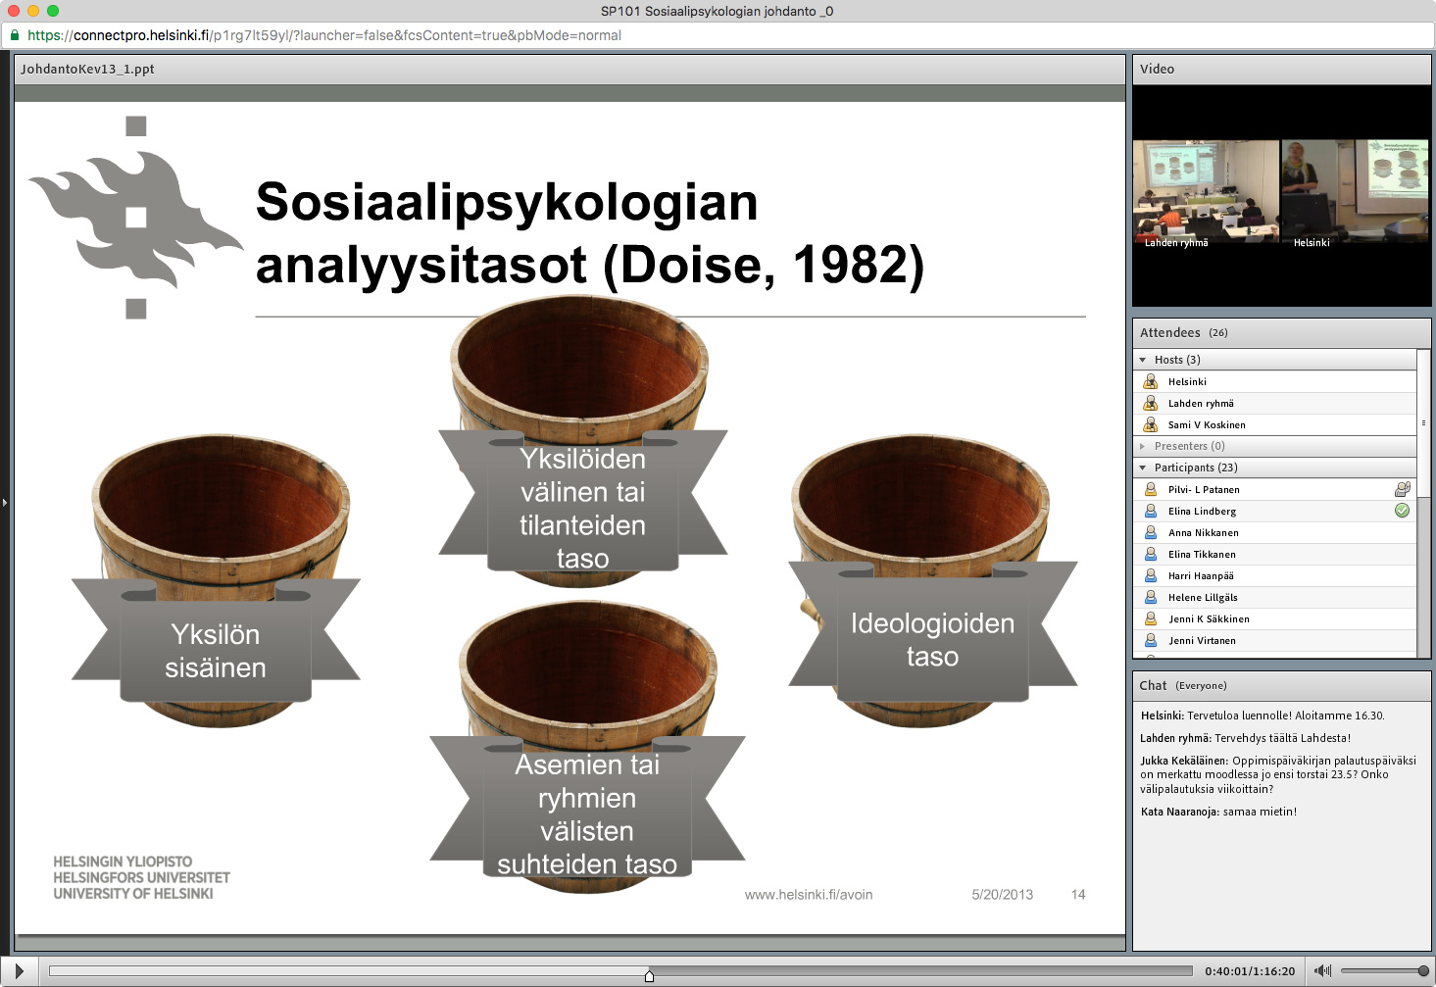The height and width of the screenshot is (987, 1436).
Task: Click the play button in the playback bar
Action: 19,971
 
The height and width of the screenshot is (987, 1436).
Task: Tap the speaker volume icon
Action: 1322,971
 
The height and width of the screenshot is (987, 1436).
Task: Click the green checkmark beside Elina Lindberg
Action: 1402,511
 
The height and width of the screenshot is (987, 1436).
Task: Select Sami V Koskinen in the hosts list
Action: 1206,425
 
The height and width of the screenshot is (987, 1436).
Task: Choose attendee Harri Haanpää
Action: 1200,576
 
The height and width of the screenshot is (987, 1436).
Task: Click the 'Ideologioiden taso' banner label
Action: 932,640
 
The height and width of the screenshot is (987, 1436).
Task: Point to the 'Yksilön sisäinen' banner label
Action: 216,651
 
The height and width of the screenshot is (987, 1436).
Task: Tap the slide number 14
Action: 1078,895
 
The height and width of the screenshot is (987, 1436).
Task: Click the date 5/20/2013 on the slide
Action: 1002,895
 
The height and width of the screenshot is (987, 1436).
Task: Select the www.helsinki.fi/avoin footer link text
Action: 808,895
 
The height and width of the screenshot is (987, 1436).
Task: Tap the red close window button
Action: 14,11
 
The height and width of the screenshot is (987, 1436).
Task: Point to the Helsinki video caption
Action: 1311,243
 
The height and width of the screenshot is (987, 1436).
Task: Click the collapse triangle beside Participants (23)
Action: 1143,469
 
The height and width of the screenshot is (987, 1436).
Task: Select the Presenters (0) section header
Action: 1189,447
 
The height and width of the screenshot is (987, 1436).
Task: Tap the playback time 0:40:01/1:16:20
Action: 1250,971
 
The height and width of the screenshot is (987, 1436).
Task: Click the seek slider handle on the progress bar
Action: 649,975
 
